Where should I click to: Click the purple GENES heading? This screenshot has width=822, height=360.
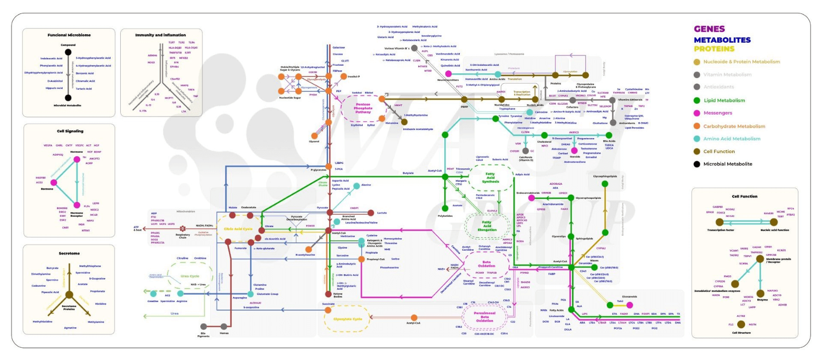pyautogui.click(x=709, y=29)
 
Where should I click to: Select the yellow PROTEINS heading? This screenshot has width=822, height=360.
pyautogui.click(x=714, y=49)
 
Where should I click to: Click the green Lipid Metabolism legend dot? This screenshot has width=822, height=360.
pyautogui.click(x=697, y=101)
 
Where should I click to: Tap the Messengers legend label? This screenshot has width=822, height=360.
pyautogui.click(x=718, y=113)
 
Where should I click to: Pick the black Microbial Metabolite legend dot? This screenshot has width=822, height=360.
pyautogui.click(x=697, y=164)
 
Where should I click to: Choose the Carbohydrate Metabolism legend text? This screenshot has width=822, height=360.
pyautogui.click(x=734, y=126)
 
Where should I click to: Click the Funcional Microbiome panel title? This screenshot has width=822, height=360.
pyautogui.click(x=69, y=35)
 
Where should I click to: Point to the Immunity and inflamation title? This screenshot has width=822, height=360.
pyautogui.click(x=160, y=35)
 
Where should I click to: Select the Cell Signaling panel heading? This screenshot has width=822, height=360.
pyautogui.click(x=70, y=131)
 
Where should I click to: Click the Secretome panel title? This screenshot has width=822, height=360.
pyautogui.click(x=69, y=253)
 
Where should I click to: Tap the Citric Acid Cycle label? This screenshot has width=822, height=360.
pyautogui.click(x=238, y=229)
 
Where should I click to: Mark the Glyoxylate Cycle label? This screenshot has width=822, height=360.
pyautogui.click(x=348, y=319)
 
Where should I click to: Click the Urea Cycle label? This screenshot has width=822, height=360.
pyautogui.click(x=190, y=276)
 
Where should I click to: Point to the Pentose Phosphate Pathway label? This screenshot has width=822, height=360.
pyautogui.click(x=363, y=108)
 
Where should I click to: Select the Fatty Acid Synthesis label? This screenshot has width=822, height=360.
pyautogui.click(x=491, y=178)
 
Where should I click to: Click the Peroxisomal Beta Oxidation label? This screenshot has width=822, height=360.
pyautogui.click(x=484, y=317)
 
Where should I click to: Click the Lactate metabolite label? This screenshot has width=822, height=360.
pyautogui.click(x=382, y=213)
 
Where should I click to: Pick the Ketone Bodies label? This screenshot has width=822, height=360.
pyautogui.click(x=338, y=295)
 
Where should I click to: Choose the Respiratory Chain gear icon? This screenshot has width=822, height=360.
pyautogui.click(x=182, y=229)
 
